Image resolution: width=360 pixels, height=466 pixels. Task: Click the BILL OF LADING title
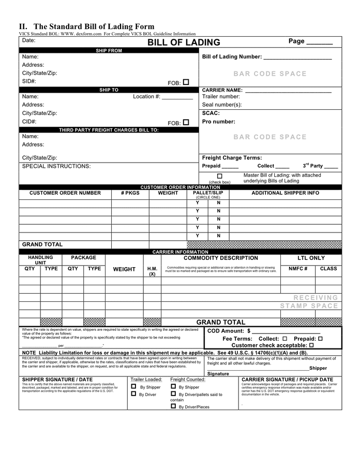pyautogui.click(x=184, y=42)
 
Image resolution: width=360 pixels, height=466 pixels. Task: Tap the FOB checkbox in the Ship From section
pyautogui.click(x=186, y=82)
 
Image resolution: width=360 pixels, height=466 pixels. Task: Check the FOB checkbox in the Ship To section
pyautogui.click(x=186, y=122)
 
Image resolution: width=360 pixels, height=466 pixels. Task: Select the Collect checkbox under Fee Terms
pyautogui.click(x=285, y=338)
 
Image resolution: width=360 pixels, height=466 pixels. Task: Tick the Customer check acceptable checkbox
pyautogui.click(x=311, y=345)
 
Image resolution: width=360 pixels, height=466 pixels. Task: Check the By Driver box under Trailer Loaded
pyautogui.click(x=133, y=394)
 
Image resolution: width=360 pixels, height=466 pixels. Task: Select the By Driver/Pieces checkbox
pyautogui.click(x=173, y=406)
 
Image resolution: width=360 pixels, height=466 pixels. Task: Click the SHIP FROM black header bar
pyautogui.click(x=109, y=51)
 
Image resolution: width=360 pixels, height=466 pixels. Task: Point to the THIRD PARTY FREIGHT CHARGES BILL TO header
pyautogui.click(x=109, y=130)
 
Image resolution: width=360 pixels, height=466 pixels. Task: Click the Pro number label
pyautogui.click(x=218, y=122)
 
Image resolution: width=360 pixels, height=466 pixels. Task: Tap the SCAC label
pyautogui.click(x=211, y=113)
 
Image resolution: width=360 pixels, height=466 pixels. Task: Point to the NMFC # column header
pyautogui.click(x=298, y=269)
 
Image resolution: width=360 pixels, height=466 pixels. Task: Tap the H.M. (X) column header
pyautogui.click(x=152, y=271)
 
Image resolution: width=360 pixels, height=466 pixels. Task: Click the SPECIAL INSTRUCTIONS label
pyautogui.click(x=56, y=166)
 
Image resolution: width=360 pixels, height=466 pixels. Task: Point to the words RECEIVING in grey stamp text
pyautogui.click(x=316, y=298)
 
